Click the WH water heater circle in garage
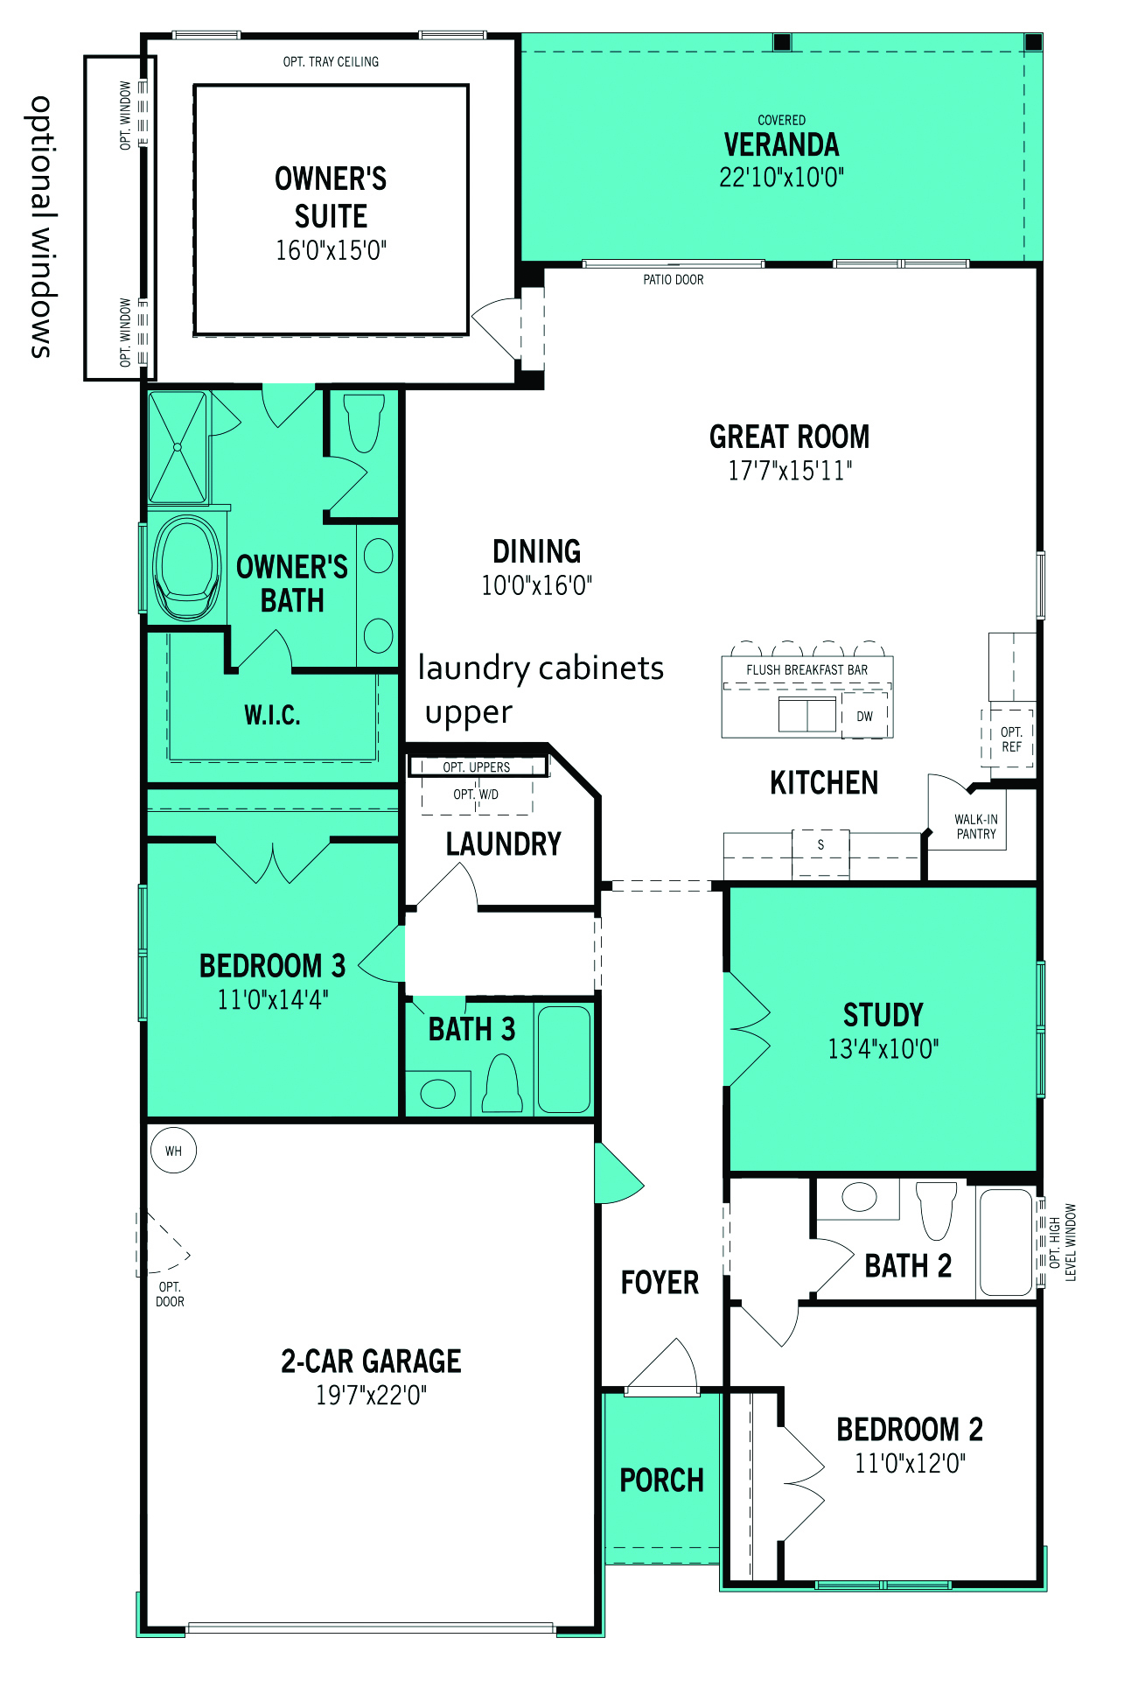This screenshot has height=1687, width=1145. pyautogui.click(x=173, y=1151)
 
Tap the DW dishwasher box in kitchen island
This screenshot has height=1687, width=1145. pyautogui.click(x=865, y=716)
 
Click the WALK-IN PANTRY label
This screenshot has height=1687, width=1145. pyautogui.click(x=976, y=827)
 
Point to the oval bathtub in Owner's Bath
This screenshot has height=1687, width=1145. pyautogui.click(x=186, y=567)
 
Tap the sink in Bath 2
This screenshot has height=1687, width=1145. pyautogui.click(x=858, y=1196)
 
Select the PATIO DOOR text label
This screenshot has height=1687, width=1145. pyautogui.click(x=674, y=280)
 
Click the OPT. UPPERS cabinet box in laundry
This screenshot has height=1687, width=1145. pyautogui.click(x=478, y=766)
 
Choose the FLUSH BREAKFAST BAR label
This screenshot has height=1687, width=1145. pyautogui.click(x=807, y=670)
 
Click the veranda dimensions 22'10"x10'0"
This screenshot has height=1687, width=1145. pyautogui.click(x=781, y=178)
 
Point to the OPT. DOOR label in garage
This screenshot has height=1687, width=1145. pyautogui.click(x=170, y=1294)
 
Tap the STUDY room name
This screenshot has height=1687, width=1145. pyautogui.click(x=883, y=1015)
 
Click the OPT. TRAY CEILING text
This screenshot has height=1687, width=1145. pyautogui.click(x=331, y=61)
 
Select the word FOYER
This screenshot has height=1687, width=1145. pyautogui.click(x=660, y=1283)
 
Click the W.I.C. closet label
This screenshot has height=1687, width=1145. pyautogui.click(x=272, y=715)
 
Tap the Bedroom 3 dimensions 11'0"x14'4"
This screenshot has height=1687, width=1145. pyautogui.click(x=273, y=999)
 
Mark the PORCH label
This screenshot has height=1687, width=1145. pyautogui.click(x=662, y=1480)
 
